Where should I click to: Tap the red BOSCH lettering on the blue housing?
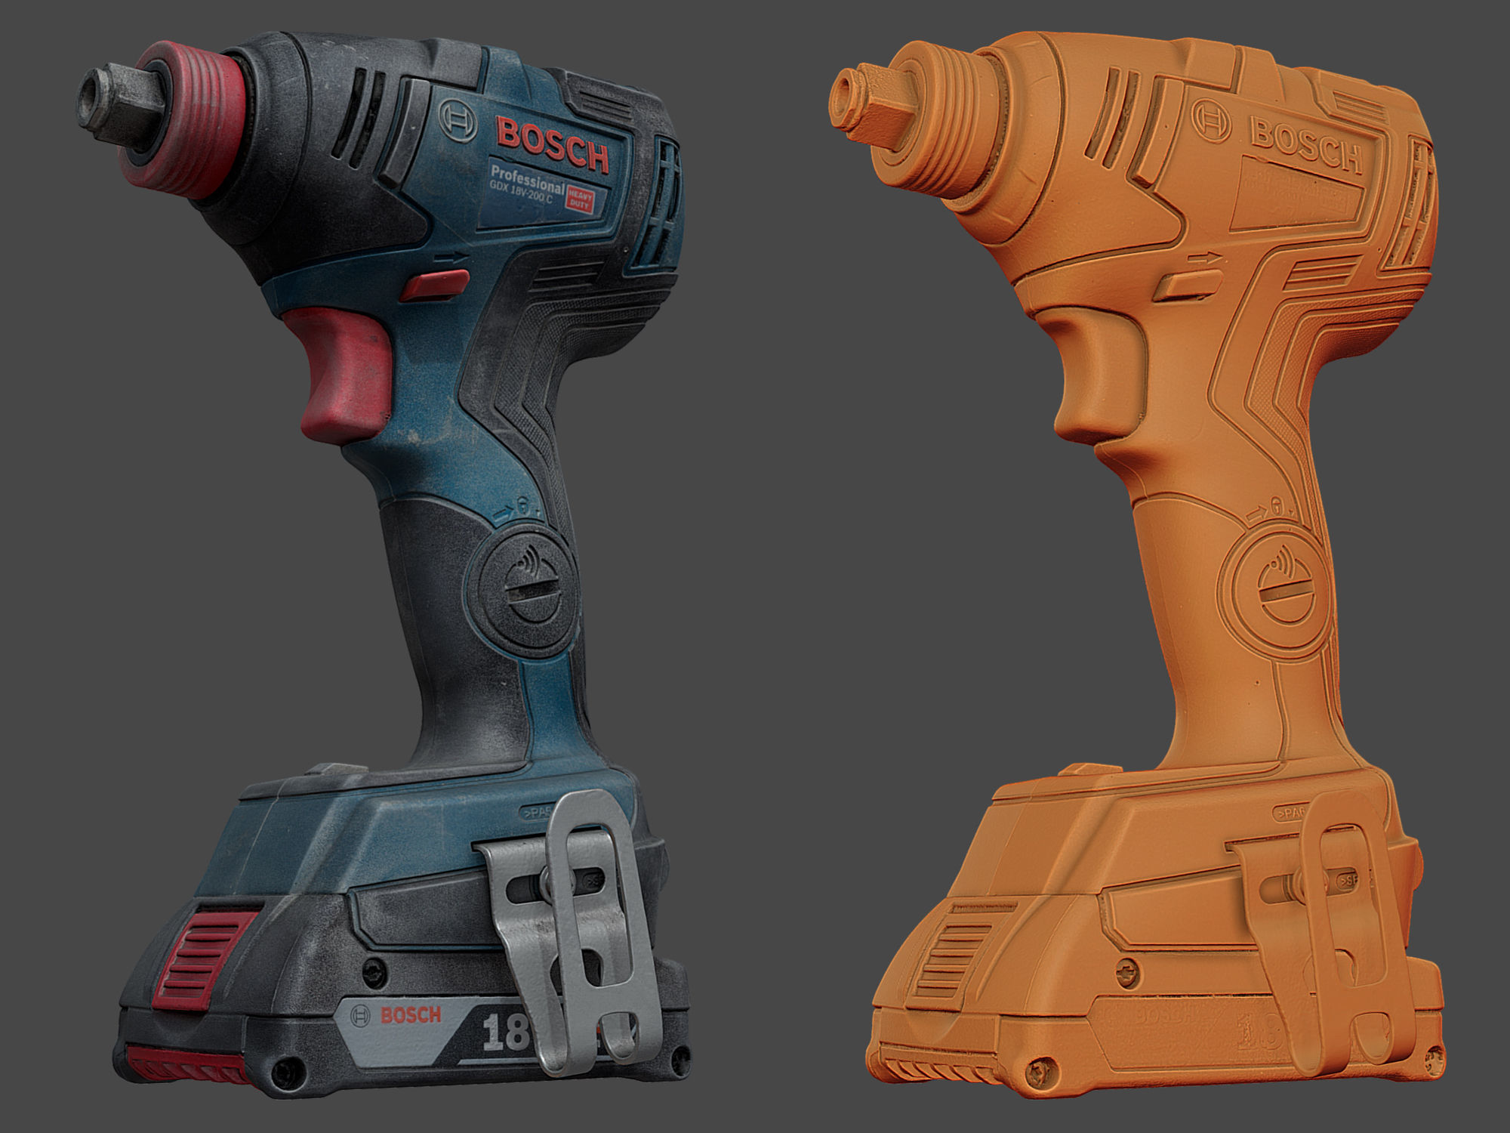pyautogui.click(x=553, y=144)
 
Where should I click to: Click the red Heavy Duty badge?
pyautogui.click(x=581, y=199)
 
